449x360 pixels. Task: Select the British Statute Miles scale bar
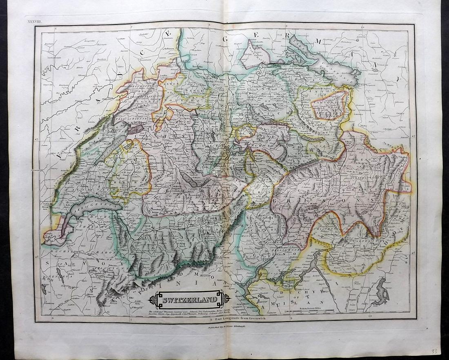click(310, 312)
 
